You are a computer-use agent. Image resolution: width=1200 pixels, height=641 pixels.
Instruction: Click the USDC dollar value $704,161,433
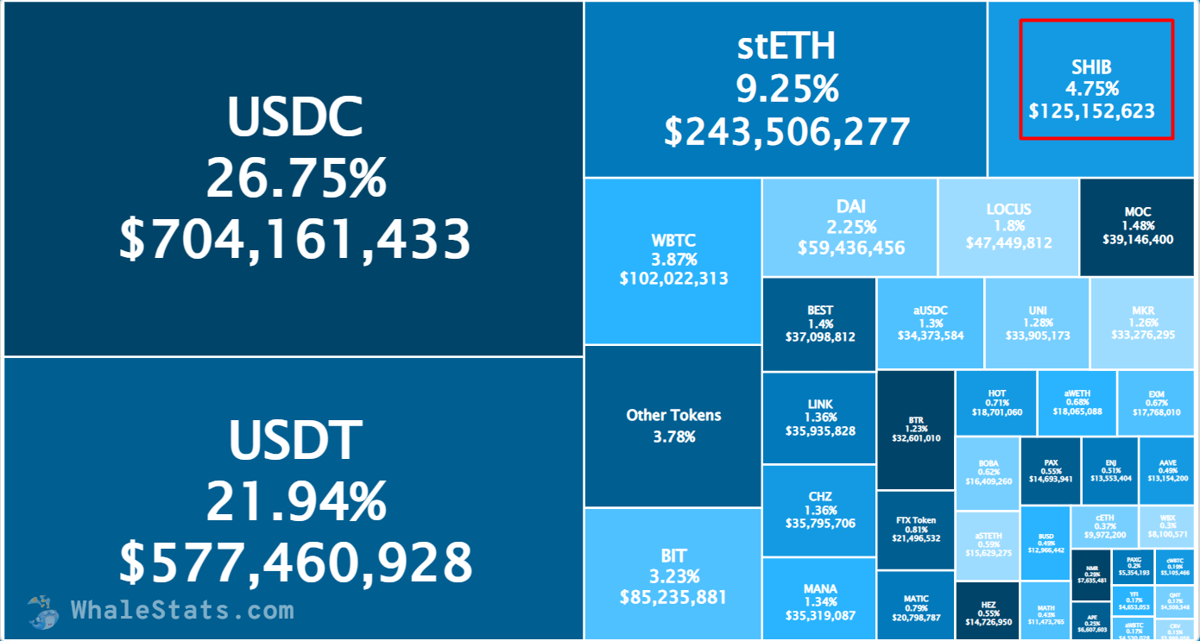pyautogui.click(x=294, y=239)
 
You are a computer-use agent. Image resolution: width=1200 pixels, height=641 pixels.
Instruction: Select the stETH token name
pyautogui.click(x=786, y=47)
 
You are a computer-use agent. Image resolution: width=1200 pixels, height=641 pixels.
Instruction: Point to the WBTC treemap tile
pyautogui.click(x=673, y=260)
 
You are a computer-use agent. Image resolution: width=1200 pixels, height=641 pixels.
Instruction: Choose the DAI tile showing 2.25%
pyautogui.click(x=850, y=227)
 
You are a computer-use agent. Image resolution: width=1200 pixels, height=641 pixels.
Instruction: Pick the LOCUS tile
pyautogui.click(x=1008, y=226)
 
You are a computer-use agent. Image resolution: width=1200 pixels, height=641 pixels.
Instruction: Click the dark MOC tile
pyautogui.click(x=1137, y=226)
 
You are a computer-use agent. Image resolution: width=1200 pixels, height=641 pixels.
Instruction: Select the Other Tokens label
pyautogui.click(x=673, y=415)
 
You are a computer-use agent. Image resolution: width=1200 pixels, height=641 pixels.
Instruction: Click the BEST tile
pyautogui.click(x=819, y=324)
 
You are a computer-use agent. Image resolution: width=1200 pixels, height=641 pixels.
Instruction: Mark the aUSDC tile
pyautogui.click(x=930, y=323)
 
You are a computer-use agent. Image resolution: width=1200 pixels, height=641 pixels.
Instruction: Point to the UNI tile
pyautogui.click(x=1037, y=323)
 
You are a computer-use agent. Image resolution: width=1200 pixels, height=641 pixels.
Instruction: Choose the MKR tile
pyautogui.click(x=1143, y=323)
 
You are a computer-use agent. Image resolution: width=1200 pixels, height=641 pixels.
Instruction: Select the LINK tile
pyautogui.click(x=819, y=418)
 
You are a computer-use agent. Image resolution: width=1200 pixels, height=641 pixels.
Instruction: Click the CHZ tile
pyautogui.click(x=819, y=510)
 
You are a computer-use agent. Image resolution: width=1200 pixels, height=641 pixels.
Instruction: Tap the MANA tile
pyautogui.click(x=819, y=602)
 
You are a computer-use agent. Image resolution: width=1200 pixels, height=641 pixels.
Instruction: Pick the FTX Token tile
pyautogui.click(x=915, y=529)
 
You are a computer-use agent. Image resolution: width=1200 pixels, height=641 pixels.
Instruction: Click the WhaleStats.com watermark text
pyautogui.click(x=182, y=611)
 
